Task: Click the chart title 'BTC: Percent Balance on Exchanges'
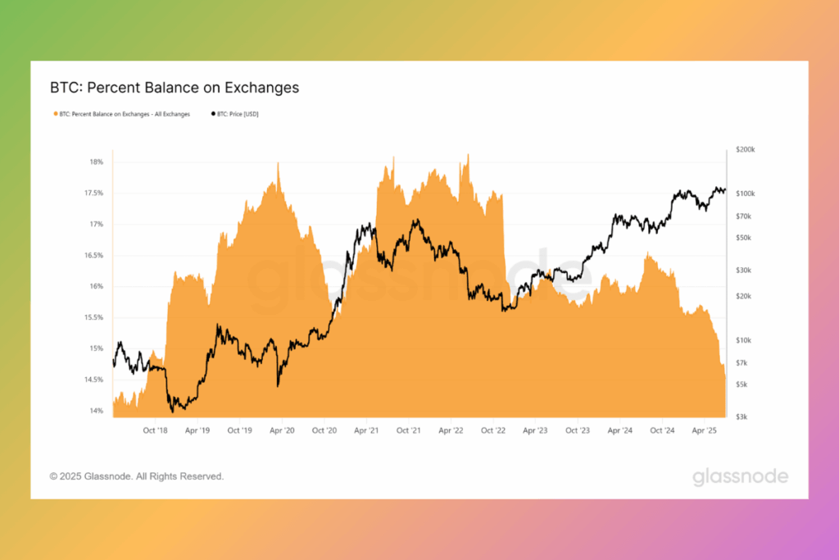tap(175, 87)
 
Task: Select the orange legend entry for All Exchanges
tap(122, 114)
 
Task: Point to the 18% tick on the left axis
tap(97, 162)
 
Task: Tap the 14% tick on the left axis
tap(97, 411)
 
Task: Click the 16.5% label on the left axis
tap(93, 256)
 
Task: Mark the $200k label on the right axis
tap(746, 150)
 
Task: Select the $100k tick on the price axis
tap(746, 193)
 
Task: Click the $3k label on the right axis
tap(741, 417)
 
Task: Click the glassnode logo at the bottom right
tap(740, 476)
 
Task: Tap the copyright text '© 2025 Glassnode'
tap(136, 476)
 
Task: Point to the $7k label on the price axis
tap(741, 363)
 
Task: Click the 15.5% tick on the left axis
tap(93, 318)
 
